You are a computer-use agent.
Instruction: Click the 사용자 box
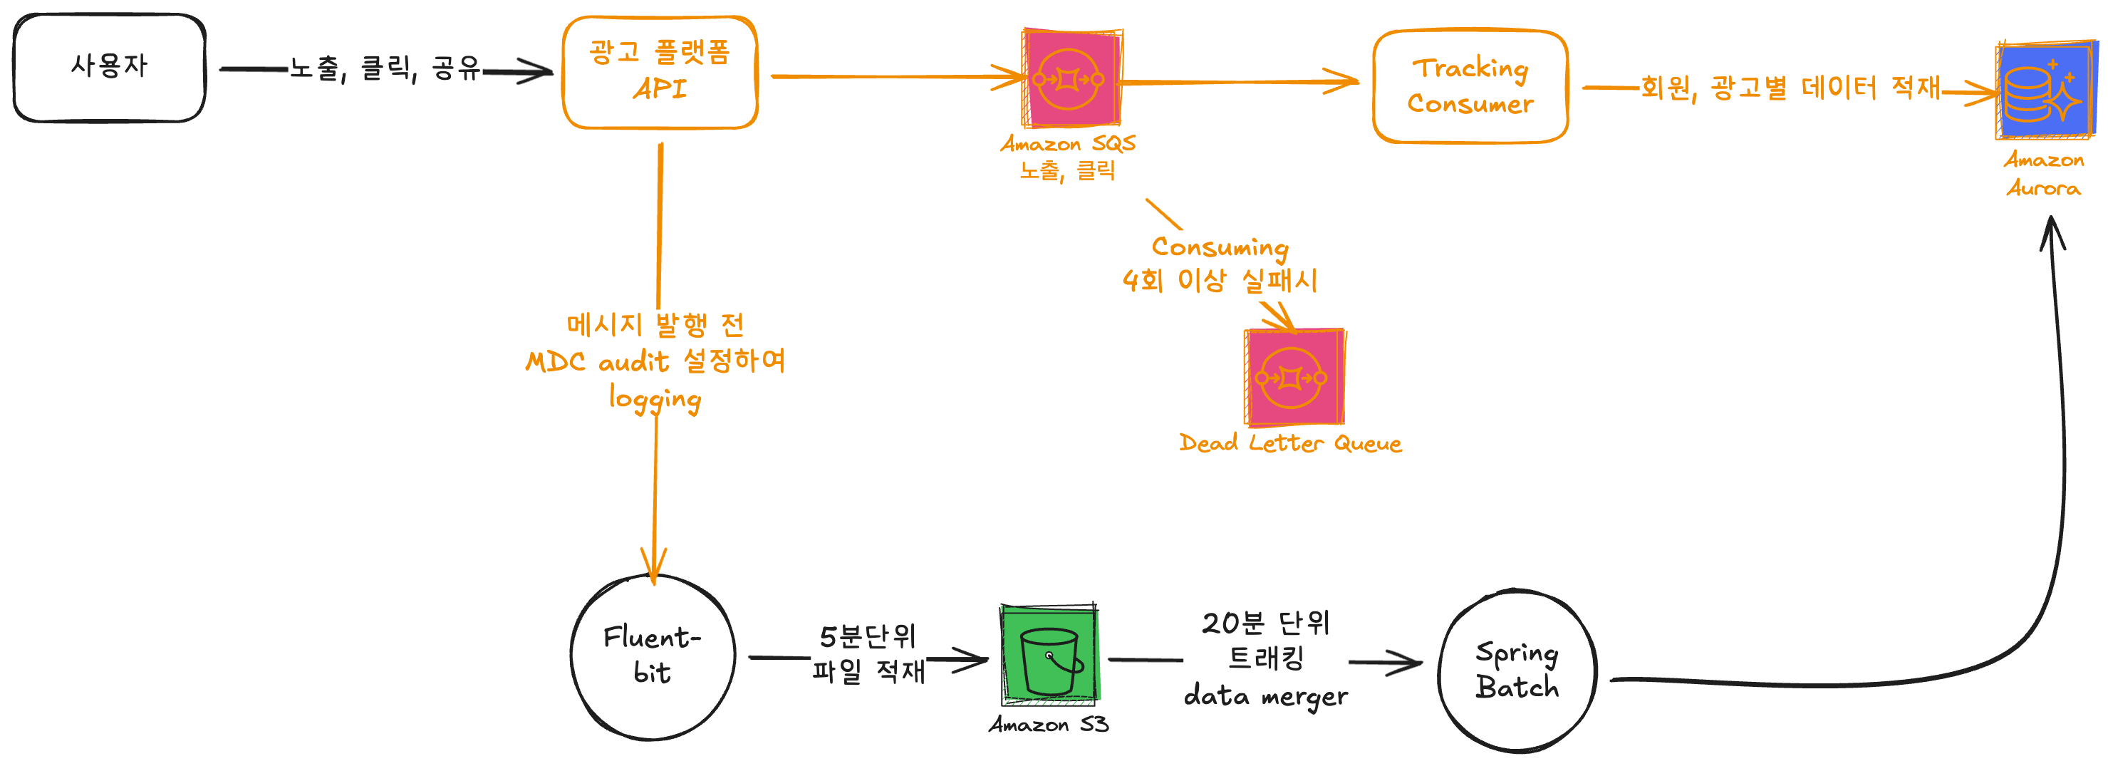109,68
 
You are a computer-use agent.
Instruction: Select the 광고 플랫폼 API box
660,72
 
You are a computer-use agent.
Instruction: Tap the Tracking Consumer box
1470,87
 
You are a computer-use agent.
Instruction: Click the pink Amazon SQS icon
1070,78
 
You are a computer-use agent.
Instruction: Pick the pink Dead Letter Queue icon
1293,377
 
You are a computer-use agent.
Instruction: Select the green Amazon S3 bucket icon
1049,656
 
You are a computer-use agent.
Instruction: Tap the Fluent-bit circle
652,657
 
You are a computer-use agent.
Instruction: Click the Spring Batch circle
1517,671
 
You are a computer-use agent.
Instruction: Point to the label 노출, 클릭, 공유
385,68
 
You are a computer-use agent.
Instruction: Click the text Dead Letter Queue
1289,443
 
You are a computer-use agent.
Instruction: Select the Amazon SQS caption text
1068,145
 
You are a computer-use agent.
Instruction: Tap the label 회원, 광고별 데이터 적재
1790,88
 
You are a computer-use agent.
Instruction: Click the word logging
655,399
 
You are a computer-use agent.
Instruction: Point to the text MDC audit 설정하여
655,361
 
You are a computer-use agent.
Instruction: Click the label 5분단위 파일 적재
868,654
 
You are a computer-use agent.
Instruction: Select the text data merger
1265,696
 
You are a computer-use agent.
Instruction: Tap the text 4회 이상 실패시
1220,281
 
